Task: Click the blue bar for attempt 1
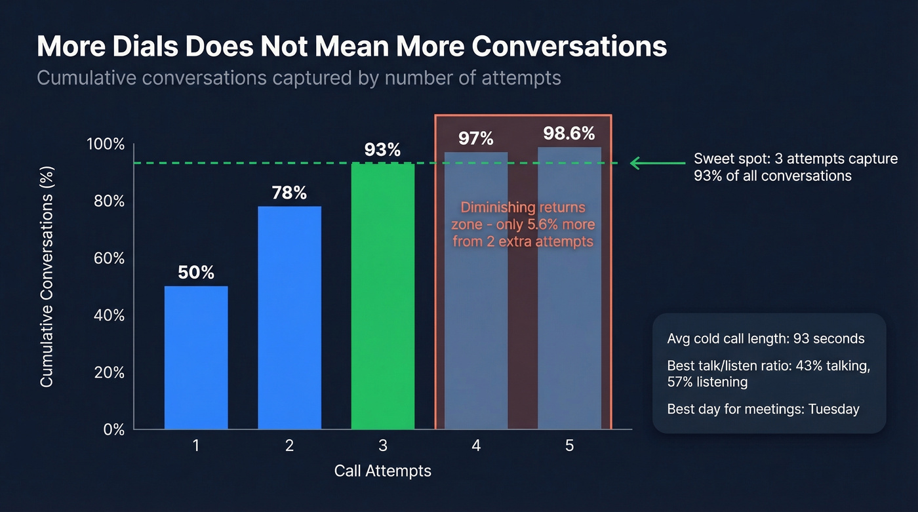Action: coord(196,357)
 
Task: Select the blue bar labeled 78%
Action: coord(289,318)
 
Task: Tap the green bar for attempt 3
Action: coord(383,296)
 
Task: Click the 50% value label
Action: coord(196,273)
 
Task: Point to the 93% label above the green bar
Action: coord(382,150)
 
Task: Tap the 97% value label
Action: coord(476,139)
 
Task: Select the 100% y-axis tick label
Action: coord(106,144)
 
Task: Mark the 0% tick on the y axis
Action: coord(113,429)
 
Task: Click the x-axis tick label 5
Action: coord(569,446)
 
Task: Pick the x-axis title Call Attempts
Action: coord(383,471)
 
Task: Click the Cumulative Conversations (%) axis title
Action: coord(47,276)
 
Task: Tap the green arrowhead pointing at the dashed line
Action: coord(635,163)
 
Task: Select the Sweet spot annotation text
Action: coord(795,167)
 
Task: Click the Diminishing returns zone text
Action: coord(523,224)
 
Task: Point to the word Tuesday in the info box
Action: coord(833,409)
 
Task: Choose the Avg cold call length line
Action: coord(766,339)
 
